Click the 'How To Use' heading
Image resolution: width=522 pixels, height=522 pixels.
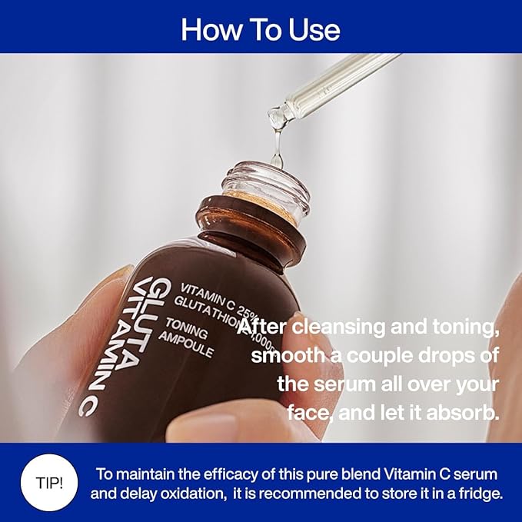[261, 28]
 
